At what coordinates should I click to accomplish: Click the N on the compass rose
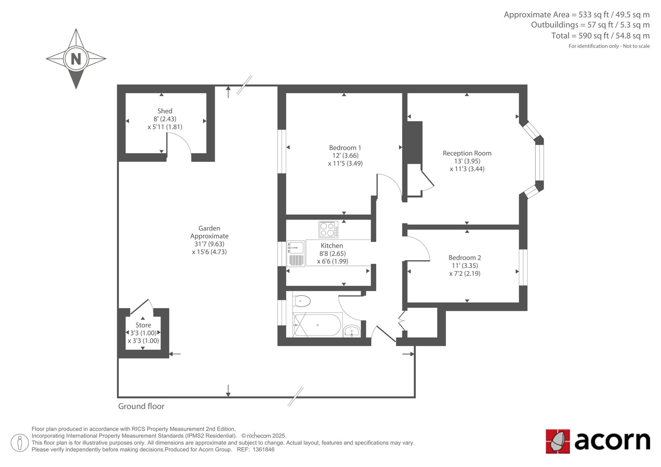tap(76, 59)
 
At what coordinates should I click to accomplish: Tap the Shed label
tap(165, 111)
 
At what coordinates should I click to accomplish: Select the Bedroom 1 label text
tap(345, 147)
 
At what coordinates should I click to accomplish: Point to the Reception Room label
tap(467, 153)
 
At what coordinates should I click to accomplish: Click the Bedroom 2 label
tap(464, 258)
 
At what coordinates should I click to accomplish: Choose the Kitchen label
tap(332, 245)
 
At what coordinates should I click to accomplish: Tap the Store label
tap(143, 325)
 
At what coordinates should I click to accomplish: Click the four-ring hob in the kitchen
tap(328, 230)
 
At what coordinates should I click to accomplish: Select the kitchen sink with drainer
tap(296, 254)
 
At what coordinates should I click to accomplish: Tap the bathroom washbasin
tap(352, 331)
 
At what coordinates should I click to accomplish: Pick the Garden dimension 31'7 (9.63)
tap(209, 244)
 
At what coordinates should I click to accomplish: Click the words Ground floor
tap(141, 406)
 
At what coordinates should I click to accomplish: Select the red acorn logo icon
tap(558, 441)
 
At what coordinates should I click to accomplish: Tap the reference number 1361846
tap(264, 450)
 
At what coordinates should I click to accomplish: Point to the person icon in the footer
tap(20, 443)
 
